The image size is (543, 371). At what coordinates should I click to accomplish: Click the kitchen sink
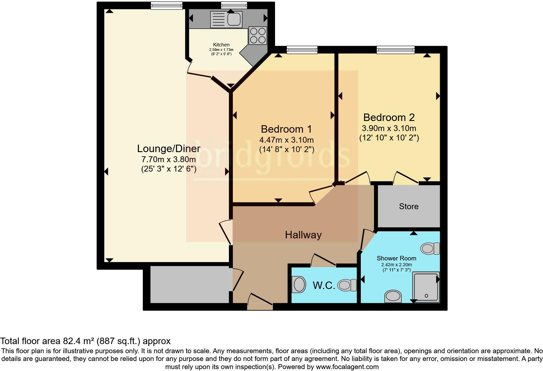[226, 19]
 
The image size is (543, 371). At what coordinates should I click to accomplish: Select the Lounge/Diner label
[169, 149]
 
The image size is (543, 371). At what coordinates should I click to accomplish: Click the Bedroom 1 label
[286, 129]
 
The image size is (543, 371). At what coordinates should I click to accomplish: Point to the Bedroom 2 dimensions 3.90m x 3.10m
[389, 128]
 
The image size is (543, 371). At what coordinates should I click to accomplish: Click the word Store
[409, 207]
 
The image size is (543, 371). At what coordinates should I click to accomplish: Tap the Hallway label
[303, 235]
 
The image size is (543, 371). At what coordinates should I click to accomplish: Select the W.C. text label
[324, 285]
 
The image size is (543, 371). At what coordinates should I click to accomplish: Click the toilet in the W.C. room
[347, 285]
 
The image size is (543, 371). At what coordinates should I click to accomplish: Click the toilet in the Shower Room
[430, 249]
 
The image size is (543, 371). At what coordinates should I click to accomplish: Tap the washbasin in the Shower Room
[393, 296]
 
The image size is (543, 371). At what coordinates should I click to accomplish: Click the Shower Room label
[396, 258]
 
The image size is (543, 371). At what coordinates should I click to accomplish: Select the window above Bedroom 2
[396, 50]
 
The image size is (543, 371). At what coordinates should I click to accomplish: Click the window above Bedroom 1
[302, 50]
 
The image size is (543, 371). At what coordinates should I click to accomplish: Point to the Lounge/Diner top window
[166, 5]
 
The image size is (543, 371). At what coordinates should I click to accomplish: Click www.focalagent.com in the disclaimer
[347, 367]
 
